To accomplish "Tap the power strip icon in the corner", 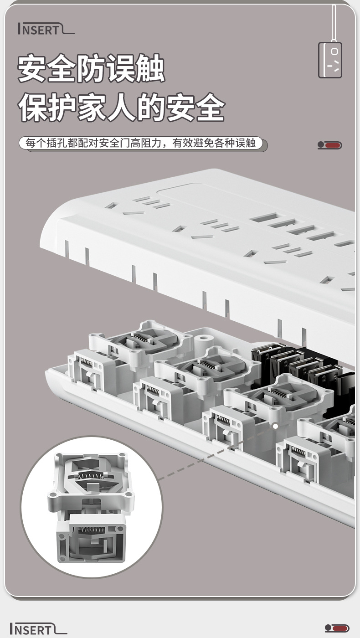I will (x=330, y=60).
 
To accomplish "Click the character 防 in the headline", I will (x=91, y=69).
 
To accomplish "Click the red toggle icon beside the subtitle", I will (x=330, y=145).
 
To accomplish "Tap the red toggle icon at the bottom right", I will (x=337, y=628).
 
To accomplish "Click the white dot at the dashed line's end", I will (x=275, y=427).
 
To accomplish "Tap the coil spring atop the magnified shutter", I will (x=91, y=475).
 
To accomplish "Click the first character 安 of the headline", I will (x=32, y=69).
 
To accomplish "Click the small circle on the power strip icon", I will (x=334, y=51).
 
